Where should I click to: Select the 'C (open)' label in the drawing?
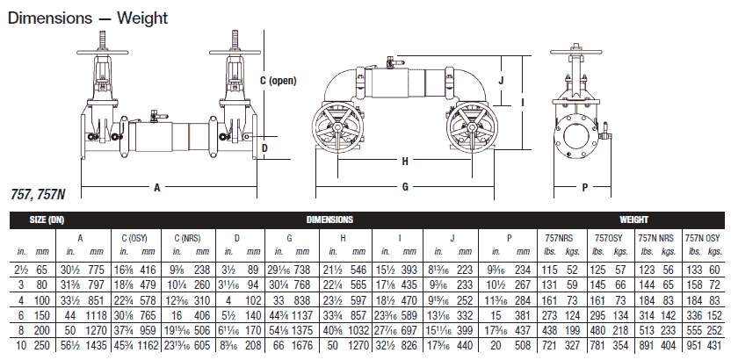(279, 80)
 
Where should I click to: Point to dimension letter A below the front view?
(156, 187)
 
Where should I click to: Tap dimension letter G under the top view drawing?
(405, 187)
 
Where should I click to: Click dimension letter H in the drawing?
(405, 162)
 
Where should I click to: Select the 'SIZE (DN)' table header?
(48, 219)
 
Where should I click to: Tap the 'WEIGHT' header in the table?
(633, 219)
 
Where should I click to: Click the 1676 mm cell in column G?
(300, 346)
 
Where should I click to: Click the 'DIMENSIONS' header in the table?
(330, 219)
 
